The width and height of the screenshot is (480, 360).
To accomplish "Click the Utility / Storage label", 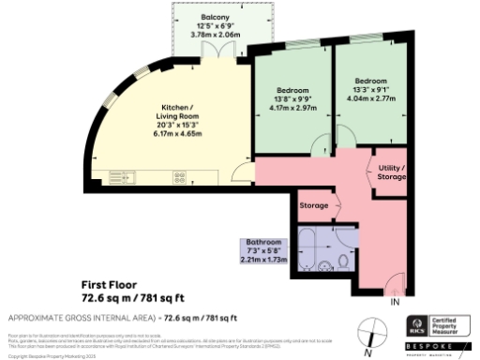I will click(x=391, y=172).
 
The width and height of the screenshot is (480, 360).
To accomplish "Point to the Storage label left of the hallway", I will click(x=313, y=205).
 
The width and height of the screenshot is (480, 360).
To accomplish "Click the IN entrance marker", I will click(x=396, y=302).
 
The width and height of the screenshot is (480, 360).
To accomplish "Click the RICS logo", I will click(x=418, y=326).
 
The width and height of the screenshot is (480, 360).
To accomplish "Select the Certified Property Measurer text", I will click(x=454, y=326).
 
